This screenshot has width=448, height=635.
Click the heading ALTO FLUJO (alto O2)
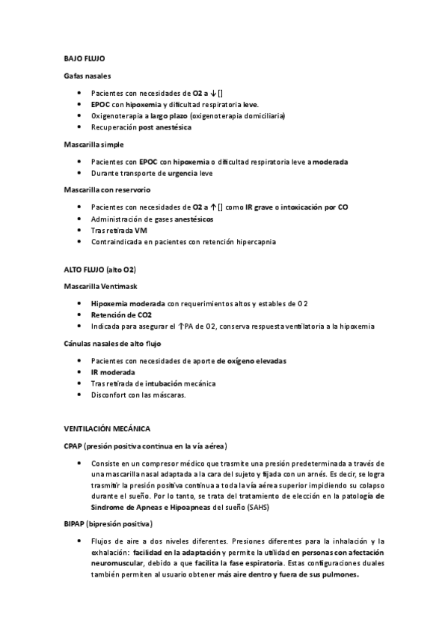[x=99, y=269]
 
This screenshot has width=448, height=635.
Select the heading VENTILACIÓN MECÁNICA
[x=108, y=428]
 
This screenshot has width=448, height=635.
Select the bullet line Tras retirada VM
[x=119, y=230]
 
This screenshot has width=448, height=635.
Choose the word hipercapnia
[x=253, y=242]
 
